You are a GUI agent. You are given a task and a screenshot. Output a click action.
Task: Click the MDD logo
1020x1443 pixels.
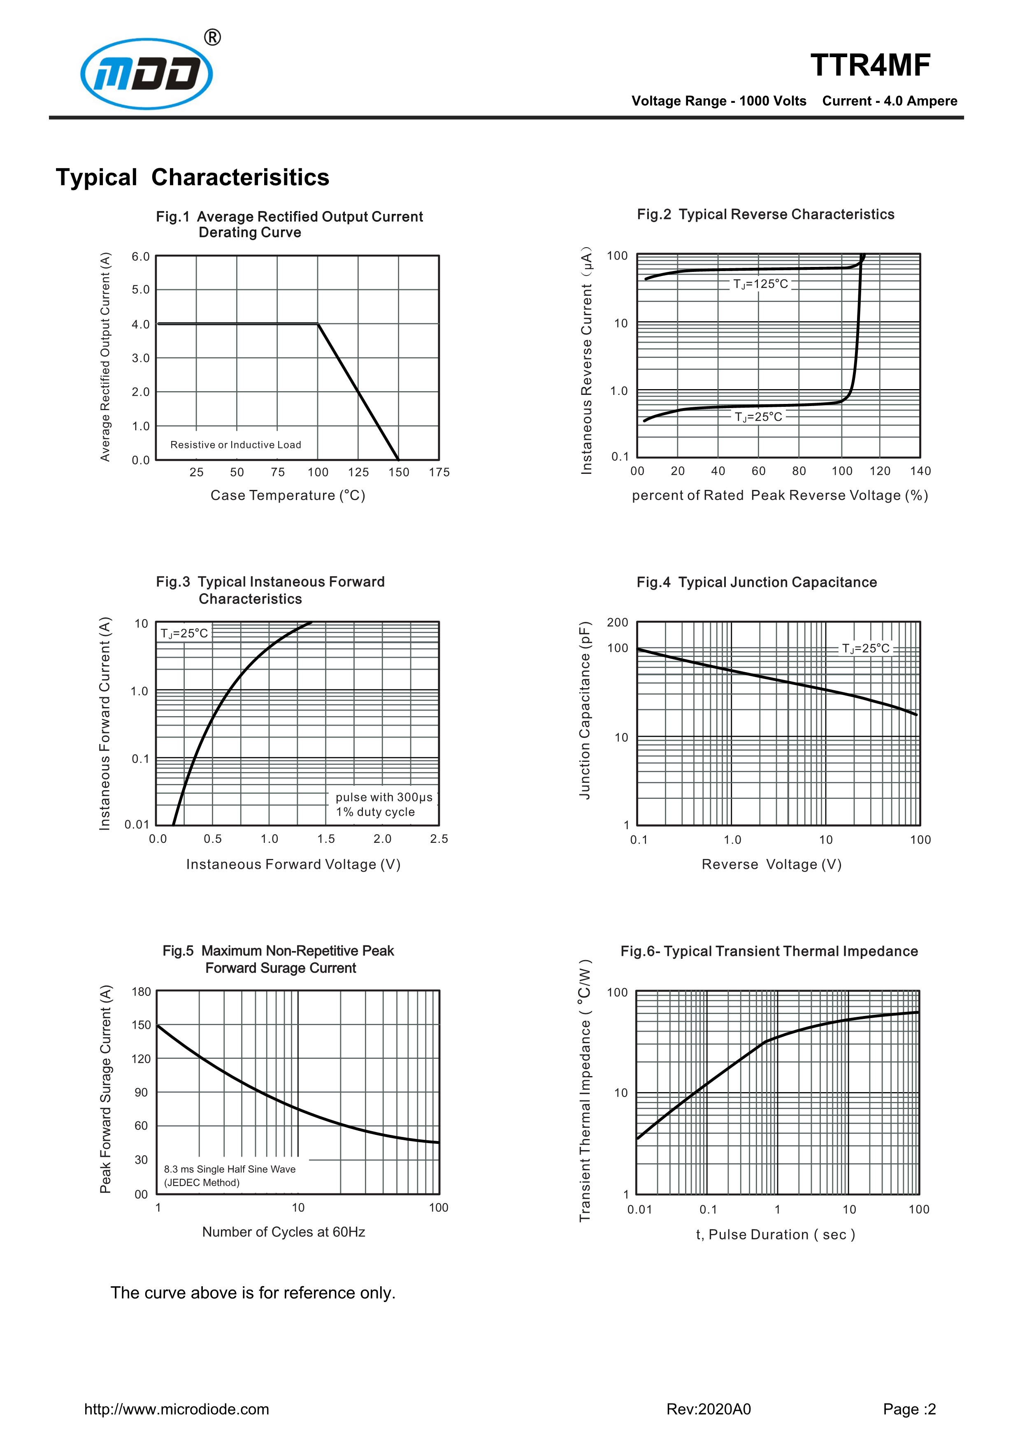(x=146, y=74)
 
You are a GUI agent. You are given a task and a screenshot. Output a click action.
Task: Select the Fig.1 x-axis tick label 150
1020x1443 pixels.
(x=398, y=472)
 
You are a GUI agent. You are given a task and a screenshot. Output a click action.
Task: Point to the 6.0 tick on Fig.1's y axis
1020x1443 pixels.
(x=141, y=256)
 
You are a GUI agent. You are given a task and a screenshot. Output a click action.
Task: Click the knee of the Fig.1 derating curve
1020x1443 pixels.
(x=318, y=324)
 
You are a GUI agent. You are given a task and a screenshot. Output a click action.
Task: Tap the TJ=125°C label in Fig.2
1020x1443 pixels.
(x=760, y=284)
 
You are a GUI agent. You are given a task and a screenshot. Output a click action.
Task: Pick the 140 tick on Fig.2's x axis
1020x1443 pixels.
(x=920, y=471)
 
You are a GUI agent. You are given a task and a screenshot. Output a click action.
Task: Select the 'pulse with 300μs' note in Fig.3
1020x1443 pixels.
(x=383, y=797)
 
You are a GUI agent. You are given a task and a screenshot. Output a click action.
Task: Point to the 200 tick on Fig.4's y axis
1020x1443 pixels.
(x=617, y=622)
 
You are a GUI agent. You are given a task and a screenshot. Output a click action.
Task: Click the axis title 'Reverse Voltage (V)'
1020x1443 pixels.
(x=771, y=864)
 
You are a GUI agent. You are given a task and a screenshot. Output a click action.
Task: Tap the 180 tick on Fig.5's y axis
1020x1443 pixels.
(x=142, y=992)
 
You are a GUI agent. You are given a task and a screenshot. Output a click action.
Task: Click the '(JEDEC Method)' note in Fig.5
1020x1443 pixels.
(x=202, y=1182)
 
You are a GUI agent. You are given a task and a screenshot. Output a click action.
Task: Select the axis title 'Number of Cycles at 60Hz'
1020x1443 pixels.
(x=283, y=1232)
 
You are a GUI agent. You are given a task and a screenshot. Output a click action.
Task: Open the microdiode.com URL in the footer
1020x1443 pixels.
(x=177, y=1409)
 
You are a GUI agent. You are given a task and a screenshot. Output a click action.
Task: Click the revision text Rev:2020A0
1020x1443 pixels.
(x=708, y=1409)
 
